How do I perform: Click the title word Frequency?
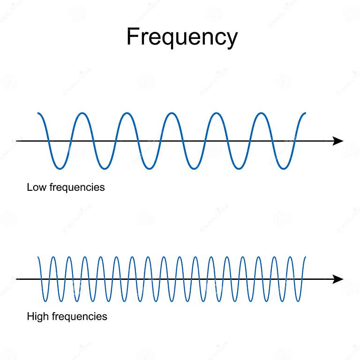click(182, 37)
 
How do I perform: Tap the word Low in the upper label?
click(36, 187)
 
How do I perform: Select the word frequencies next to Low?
click(78, 187)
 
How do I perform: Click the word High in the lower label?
click(37, 316)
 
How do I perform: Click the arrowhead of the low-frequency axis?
click(338, 141)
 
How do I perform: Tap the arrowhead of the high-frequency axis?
click(338, 279)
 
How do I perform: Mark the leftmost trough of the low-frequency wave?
click(60, 168)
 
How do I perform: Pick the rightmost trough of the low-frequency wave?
click(283, 168)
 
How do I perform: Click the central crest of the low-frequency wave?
click(172, 113)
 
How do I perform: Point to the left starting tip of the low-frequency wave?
click(38, 113)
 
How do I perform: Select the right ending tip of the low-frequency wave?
click(306, 113)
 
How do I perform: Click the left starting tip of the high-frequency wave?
click(38, 257)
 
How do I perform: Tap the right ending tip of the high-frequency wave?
click(306, 257)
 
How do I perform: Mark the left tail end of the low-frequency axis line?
click(17, 141)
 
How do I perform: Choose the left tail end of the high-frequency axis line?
click(17, 279)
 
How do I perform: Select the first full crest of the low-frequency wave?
click(82, 113)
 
